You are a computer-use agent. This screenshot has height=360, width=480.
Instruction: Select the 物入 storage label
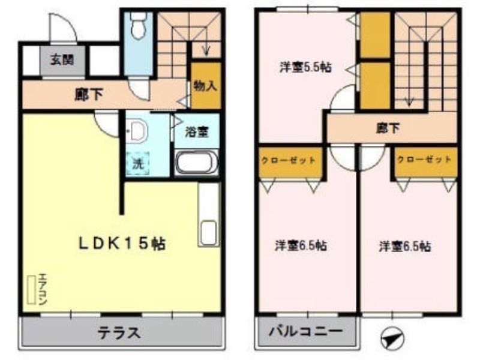point(205,85)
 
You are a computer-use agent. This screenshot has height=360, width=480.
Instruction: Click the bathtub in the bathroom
point(196,163)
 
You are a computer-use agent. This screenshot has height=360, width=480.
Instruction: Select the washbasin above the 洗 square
point(138,131)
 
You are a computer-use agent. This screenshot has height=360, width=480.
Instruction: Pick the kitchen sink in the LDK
point(208,233)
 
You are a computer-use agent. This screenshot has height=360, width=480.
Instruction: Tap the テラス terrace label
point(119,332)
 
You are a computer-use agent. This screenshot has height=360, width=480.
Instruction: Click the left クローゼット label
point(288,160)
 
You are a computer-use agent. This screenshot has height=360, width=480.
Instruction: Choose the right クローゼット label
point(424,160)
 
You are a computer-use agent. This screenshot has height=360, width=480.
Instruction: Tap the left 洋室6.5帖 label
point(301,245)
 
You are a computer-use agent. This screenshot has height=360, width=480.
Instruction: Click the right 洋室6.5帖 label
point(405,245)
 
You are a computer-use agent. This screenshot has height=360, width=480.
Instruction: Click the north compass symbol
point(392,339)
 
